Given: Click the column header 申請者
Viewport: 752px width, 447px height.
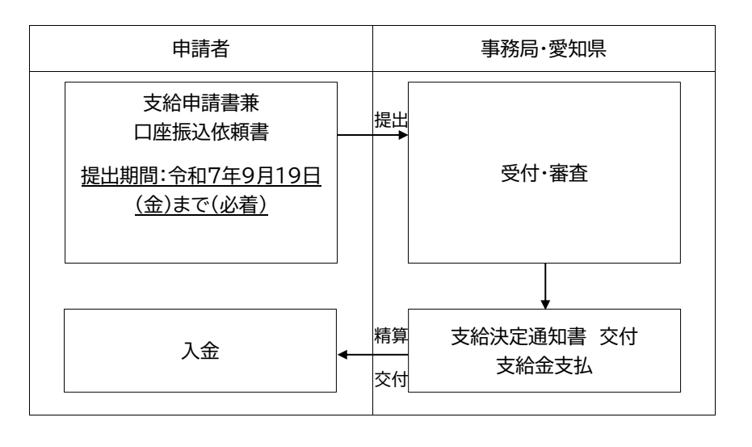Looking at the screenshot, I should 201,49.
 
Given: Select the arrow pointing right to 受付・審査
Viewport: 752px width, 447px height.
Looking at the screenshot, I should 372,134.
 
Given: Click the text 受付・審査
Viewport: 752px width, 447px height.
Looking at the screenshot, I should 546,175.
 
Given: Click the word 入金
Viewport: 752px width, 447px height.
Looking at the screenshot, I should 200,353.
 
